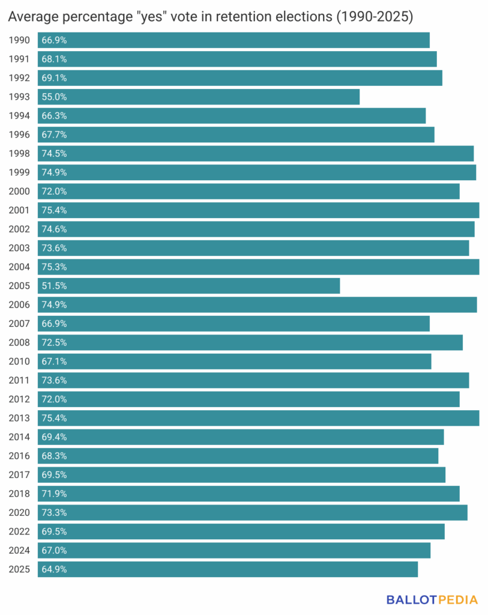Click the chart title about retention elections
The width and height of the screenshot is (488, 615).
[210, 17]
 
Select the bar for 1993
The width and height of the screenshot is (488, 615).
[198, 97]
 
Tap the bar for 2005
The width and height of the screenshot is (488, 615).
[188, 286]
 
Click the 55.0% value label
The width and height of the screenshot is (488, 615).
[54, 97]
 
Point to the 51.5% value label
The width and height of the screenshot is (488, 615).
[54, 286]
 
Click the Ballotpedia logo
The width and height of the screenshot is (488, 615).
[432, 599]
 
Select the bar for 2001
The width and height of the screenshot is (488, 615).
[258, 210]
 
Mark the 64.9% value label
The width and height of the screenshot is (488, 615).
[54, 569]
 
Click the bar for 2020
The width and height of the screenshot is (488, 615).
[252, 512]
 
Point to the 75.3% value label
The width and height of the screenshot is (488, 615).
[54, 267]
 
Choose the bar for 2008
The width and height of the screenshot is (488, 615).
[250, 342]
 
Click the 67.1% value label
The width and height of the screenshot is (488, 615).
[54, 361]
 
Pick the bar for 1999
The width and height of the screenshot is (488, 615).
[257, 172]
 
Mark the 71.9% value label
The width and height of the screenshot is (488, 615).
[54, 494]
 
